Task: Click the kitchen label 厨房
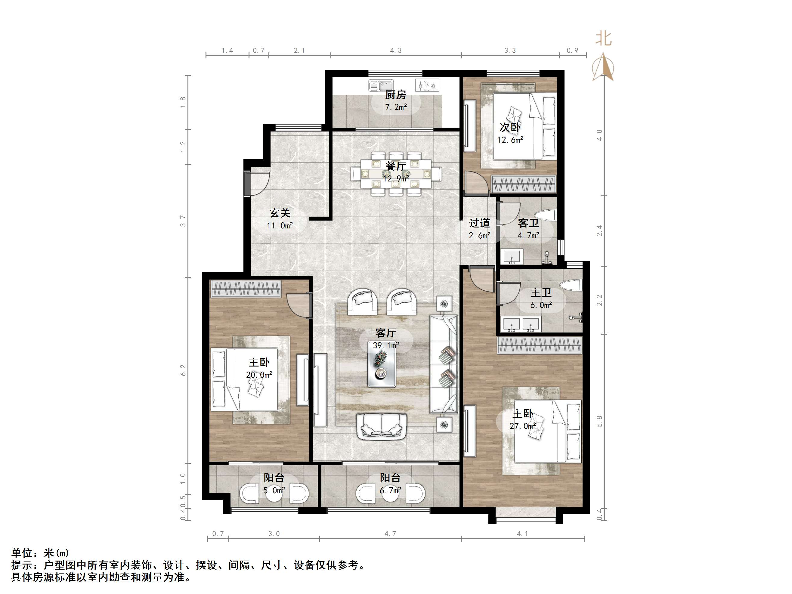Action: [396, 95]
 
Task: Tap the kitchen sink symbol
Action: [381, 85]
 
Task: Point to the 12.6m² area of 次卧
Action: [510, 140]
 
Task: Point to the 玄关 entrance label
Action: [280, 213]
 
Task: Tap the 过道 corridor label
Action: [479, 223]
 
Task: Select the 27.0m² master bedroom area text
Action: [523, 426]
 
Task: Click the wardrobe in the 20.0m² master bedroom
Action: [246, 289]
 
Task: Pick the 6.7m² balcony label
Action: [390, 490]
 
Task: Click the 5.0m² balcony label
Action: [274, 490]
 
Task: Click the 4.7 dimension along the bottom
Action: [390, 534]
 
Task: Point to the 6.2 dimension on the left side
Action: [183, 370]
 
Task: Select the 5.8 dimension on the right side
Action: [599, 421]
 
